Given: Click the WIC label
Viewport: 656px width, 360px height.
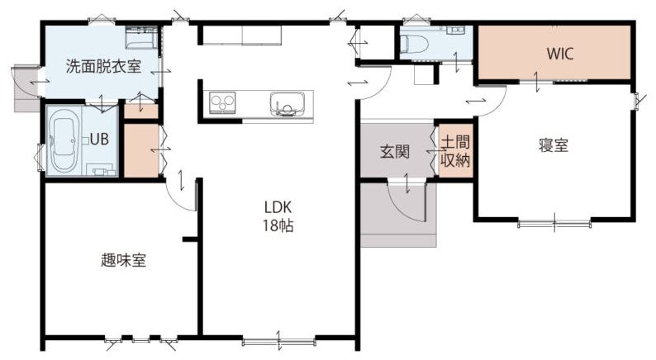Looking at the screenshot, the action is point(560,54).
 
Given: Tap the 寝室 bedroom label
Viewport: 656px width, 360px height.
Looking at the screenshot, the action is point(553,145).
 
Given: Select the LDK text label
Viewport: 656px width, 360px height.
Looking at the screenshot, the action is point(278,207).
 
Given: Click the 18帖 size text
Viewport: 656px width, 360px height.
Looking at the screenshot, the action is point(278,225).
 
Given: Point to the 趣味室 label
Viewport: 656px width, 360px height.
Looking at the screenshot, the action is point(123,260).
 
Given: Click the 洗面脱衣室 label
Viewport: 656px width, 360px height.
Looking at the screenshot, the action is point(103,67).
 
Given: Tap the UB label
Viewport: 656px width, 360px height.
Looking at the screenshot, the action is point(99,140).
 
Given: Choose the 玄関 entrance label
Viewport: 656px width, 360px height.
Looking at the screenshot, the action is point(395,151).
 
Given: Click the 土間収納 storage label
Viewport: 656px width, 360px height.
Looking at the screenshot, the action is point(455,151).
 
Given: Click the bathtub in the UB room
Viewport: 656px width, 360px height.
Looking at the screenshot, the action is point(64,140).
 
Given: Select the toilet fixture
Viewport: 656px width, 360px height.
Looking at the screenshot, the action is point(414,44).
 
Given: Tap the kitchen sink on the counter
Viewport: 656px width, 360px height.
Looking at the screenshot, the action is point(287,104).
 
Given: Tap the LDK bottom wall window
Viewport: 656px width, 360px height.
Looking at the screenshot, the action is point(279,342).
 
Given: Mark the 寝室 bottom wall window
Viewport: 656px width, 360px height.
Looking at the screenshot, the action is point(554,223).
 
